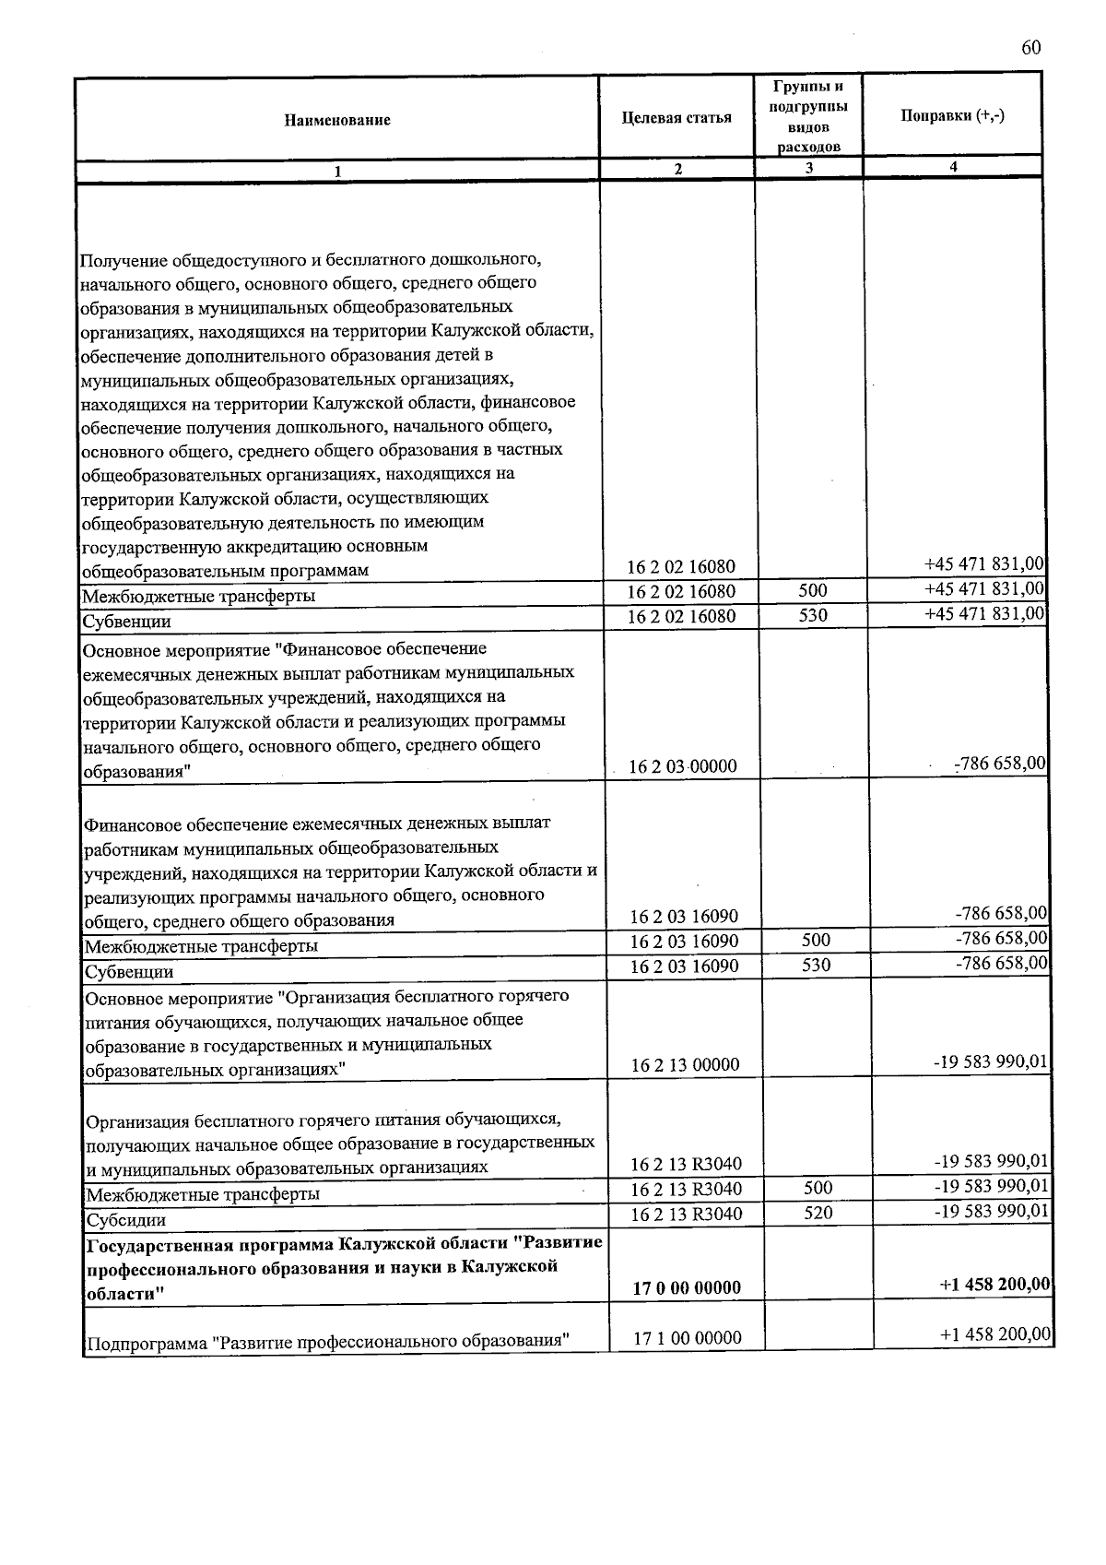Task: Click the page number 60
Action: tap(1030, 49)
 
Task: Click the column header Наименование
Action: tap(337, 120)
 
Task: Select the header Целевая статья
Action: tap(677, 117)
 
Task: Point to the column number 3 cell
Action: tap(807, 168)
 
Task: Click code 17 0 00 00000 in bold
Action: tap(687, 1287)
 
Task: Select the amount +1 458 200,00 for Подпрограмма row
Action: tap(994, 1334)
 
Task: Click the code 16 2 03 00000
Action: tap(683, 766)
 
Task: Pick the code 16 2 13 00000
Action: tap(685, 1065)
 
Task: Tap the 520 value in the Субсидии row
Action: tap(818, 1213)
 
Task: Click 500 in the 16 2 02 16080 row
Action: tap(812, 590)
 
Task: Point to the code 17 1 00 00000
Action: tap(687, 1337)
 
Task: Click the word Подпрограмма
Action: tap(146, 1341)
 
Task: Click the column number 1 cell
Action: tap(337, 171)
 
